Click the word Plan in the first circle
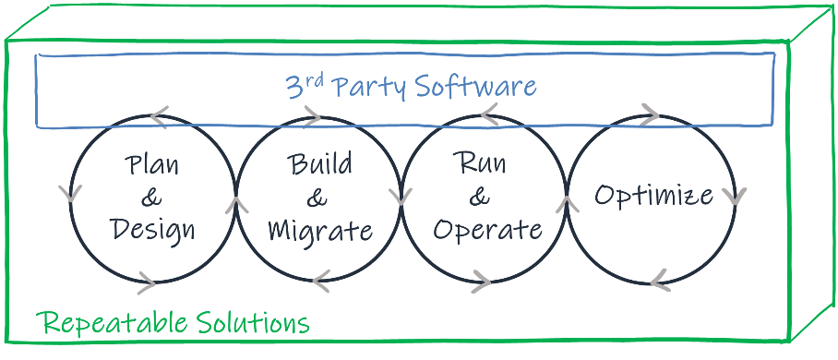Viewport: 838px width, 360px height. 152,166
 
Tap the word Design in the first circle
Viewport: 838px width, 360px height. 153,228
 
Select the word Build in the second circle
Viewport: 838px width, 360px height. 320,165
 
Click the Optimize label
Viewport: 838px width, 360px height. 653,195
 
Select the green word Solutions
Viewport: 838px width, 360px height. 252,323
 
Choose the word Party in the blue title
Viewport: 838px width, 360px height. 368,88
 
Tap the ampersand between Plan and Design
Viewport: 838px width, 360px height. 152,197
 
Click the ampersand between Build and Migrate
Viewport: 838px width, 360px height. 317,197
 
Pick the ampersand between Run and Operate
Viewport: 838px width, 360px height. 479,196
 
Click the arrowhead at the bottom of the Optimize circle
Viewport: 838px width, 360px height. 658,280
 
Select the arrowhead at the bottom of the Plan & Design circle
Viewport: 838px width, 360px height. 146,282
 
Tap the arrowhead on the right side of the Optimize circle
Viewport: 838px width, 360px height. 736,196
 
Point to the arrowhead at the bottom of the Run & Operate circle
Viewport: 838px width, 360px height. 481,281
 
